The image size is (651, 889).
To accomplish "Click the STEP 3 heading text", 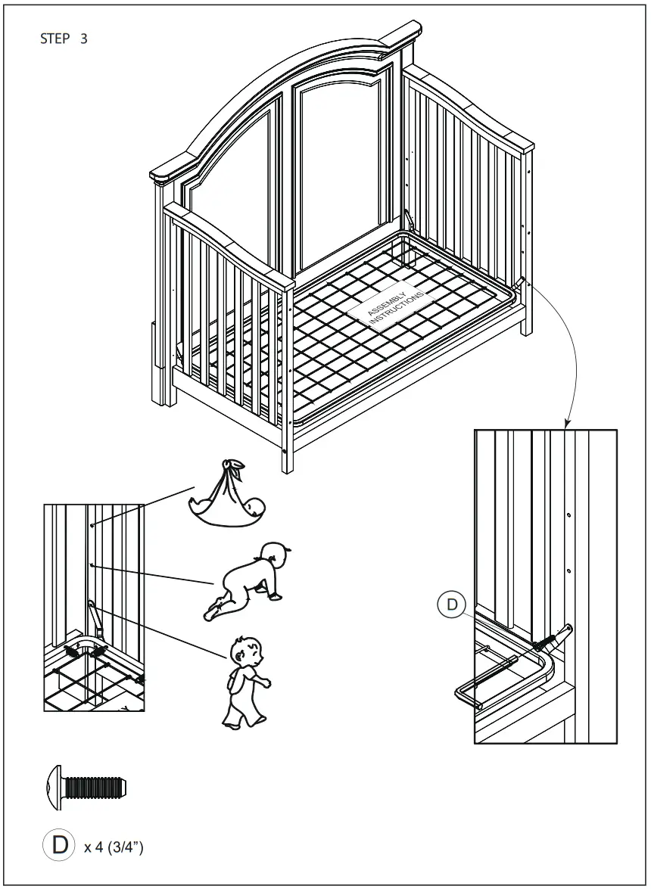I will (x=63, y=39).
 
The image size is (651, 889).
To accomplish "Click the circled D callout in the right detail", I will (x=452, y=604).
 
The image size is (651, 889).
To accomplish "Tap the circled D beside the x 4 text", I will (x=60, y=844).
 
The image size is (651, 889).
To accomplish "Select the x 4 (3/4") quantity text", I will (x=114, y=846).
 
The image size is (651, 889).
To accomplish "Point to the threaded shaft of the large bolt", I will (x=95, y=788).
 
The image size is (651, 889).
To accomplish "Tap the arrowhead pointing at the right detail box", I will (x=565, y=424).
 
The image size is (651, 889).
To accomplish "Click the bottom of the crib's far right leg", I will (x=526, y=329).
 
